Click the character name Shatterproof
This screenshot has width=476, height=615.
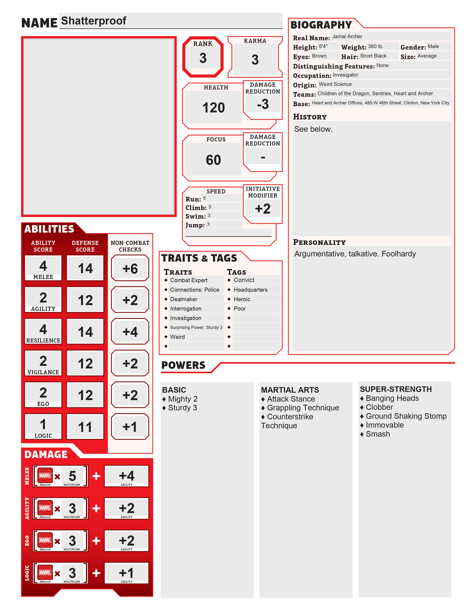[x=94, y=21]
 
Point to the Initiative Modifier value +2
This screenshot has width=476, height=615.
[x=262, y=209]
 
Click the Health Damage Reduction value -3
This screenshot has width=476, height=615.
[x=262, y=104]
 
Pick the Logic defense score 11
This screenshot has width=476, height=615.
[x=85, y=427]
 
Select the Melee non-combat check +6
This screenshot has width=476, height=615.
[x=130, y=268]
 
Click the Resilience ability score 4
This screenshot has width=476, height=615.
[x=43, y=329]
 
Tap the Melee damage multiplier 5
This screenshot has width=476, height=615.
[x=72, y=476]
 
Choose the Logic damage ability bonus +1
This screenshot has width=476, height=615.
[x=126, y=573]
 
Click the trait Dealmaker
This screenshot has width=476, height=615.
[x=183, y=299]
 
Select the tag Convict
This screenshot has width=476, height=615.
[x=244, y=280]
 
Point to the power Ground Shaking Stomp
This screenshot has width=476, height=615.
[x=406, y=416]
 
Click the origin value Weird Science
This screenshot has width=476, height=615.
[x=335, y=84]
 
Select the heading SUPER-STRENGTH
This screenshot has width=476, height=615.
[x=395, y=389]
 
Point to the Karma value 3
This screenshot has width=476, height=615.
[x=255, y=59]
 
